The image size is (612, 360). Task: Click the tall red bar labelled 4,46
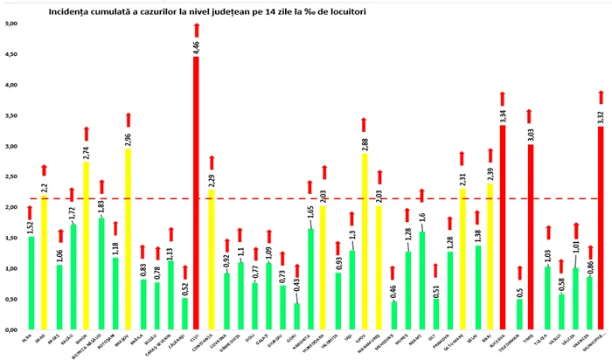196,192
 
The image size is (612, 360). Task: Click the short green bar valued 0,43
297,316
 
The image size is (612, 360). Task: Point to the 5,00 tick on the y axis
12,24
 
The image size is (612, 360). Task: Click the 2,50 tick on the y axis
12,177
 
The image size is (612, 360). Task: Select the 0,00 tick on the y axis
12,330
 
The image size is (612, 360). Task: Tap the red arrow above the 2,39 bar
490,156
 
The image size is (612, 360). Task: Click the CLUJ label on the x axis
195,336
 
